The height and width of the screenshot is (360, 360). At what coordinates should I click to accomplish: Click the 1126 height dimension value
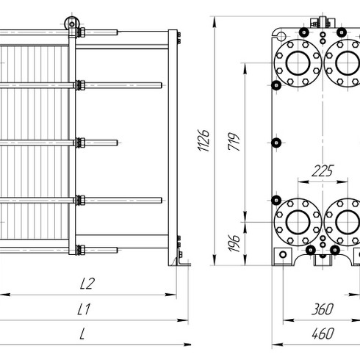pos(204,140)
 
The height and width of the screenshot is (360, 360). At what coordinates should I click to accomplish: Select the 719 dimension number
pos(234,142)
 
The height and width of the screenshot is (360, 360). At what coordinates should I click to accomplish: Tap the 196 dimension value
pos(234,243)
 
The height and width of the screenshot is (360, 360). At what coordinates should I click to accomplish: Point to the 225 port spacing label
pos(323,170)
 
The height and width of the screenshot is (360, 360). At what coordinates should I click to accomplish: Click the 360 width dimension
pos(323,309)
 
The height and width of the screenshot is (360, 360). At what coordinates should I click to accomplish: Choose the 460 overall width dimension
pos(323,334)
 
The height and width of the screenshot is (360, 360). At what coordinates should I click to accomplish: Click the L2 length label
pos(87,284)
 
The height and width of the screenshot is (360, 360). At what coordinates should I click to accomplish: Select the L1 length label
pos(84,309)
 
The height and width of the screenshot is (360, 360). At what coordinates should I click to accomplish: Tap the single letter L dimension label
pos(82,334)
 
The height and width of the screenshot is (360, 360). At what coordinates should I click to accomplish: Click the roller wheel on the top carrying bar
pos(72,24)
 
